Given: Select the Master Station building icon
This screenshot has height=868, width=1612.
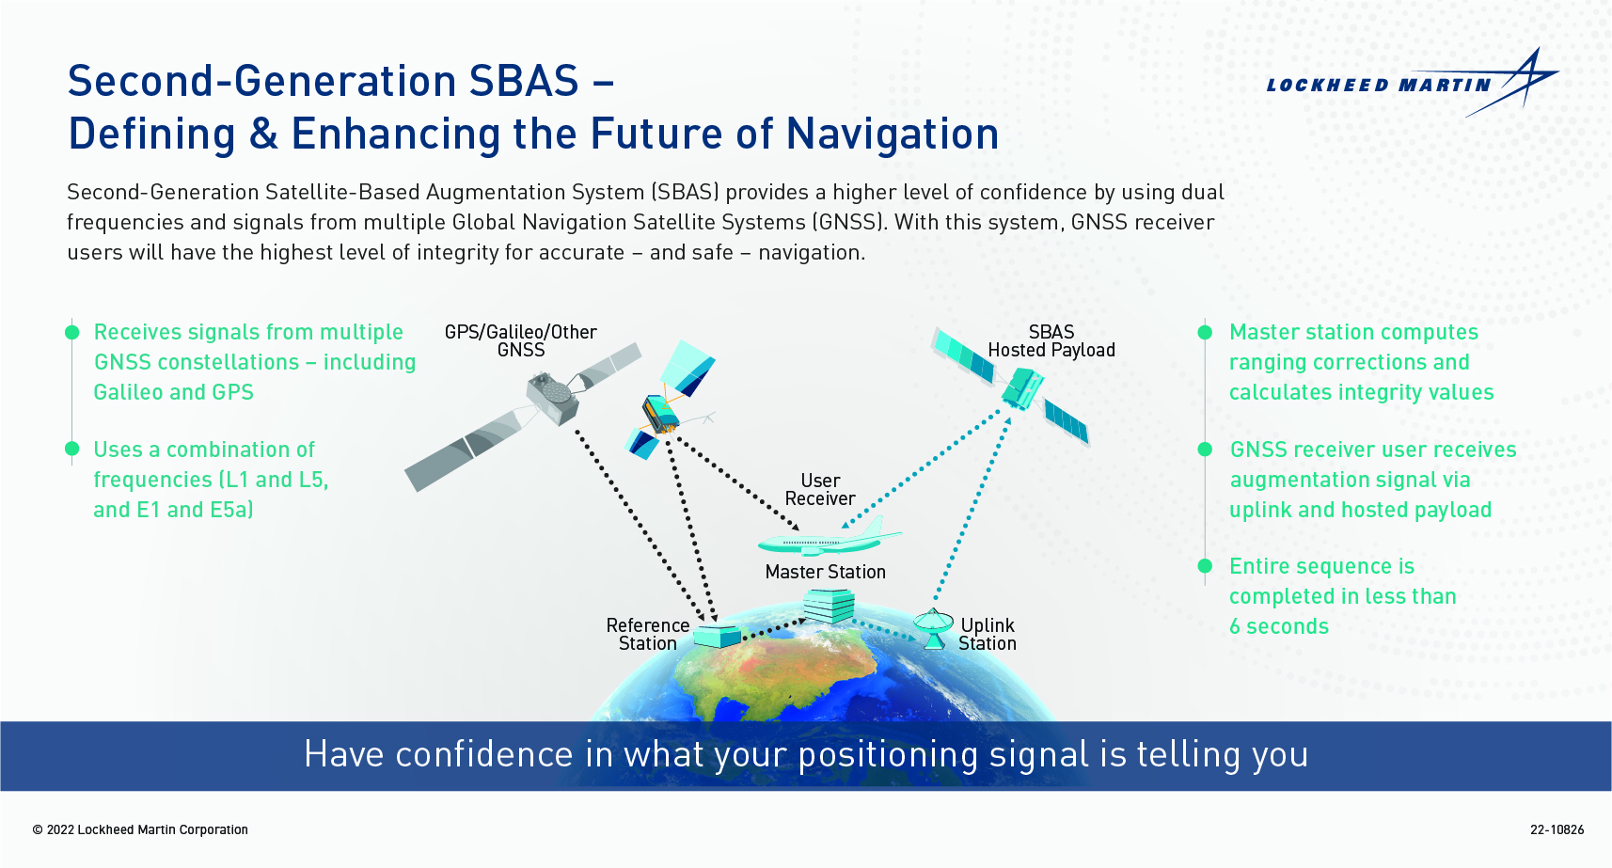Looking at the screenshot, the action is coord(829,606).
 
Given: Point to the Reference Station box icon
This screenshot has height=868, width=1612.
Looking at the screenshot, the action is coord(717,636).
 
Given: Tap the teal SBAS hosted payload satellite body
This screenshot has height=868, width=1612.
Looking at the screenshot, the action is coord(1022,388).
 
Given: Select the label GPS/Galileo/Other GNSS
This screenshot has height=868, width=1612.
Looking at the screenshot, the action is coord(520,341).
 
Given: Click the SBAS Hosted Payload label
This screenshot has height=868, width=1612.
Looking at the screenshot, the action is coord(1051,341).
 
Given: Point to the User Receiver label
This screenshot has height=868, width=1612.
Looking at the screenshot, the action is coord(820,489).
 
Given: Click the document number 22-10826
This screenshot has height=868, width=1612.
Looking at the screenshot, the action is coord(1557,829).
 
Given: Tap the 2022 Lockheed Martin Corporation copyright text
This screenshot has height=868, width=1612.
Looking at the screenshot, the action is coord(140,829).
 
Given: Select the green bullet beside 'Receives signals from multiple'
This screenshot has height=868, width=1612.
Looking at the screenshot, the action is coord(72,332).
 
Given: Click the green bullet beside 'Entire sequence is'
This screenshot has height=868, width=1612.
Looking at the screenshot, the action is coord(1205,566).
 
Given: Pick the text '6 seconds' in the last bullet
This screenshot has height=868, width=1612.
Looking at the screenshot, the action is coord(1279,626).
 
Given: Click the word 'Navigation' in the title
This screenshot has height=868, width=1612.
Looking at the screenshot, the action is coord(893,134).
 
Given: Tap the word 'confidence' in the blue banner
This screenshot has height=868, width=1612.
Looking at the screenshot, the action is coord(484,754).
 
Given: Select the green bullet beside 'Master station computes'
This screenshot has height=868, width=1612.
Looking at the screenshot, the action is coord(1205,332).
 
